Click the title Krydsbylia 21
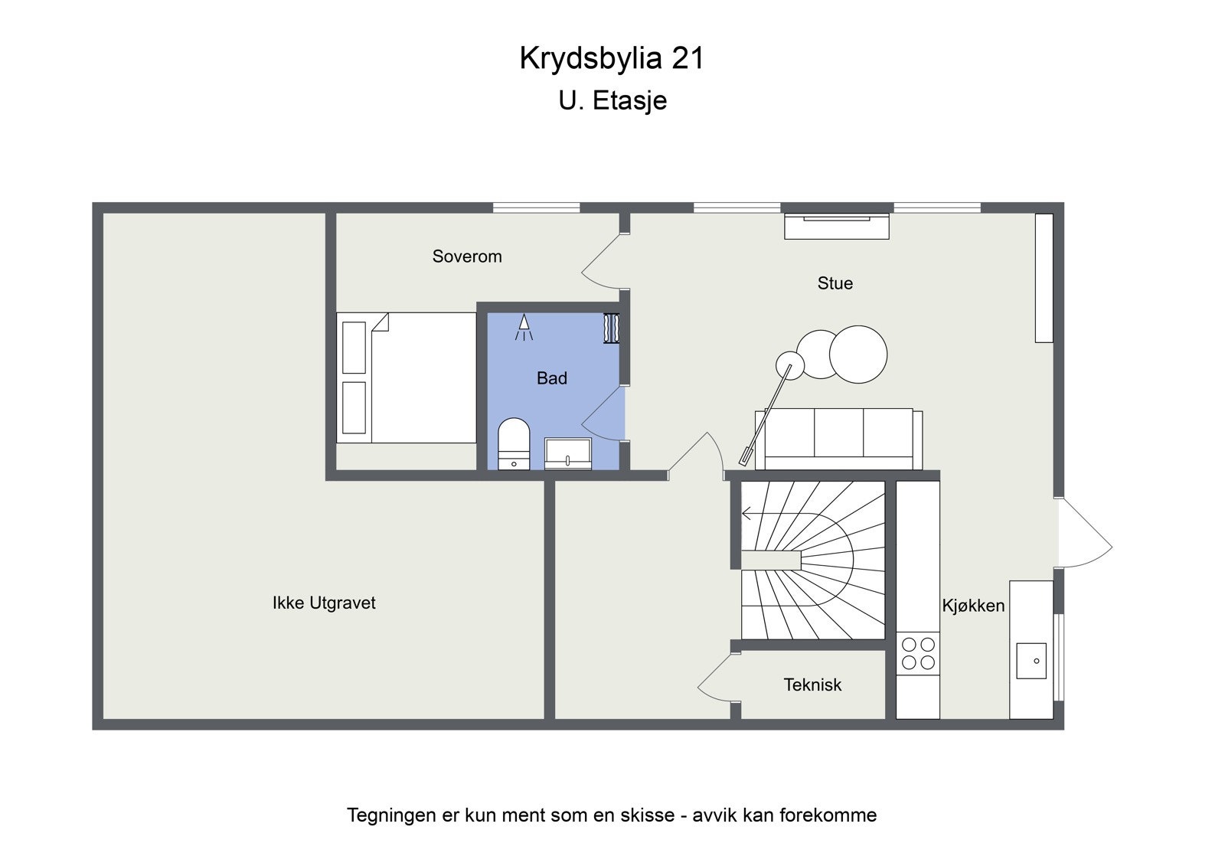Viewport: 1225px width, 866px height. pyautogui.click(x=612, y=58)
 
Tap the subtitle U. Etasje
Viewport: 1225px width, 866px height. pyautogui.click(x=612, y=100)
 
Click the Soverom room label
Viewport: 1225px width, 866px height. pyautogui.click(x=467, y=257)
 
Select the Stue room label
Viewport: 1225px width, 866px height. pyautogui.click(x=835, y=283)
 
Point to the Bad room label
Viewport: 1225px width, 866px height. pyautogui.click(x=551, y=378)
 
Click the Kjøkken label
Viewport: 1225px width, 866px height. pyautogui.click(x=973, y=606)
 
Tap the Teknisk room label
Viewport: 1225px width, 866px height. pyautogui.click(x=812, y=685)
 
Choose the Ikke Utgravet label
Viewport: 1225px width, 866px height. pyautogui.click(x=324, y=603)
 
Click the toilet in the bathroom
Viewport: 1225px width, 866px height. pyautogui.click(x=514, y=443)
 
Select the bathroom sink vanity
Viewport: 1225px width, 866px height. pyautogui.click(x=568, y=453)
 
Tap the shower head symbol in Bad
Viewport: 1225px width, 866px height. pyautogui.click(x=524, y=327)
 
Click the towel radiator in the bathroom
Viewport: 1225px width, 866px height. pyautogui.click(x=611, y=328)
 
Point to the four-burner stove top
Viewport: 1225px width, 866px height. pyautogui.click(x=918, y=652)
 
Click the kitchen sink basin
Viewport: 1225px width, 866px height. pyautogui.click(x=1031, y=661)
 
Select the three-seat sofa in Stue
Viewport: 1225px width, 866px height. pyautogui.click(x=839, y=438)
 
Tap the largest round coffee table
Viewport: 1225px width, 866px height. pyautogui.click(x=857, y=354)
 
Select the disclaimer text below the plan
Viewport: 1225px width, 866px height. pyautogui.click(x=612, y=815)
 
